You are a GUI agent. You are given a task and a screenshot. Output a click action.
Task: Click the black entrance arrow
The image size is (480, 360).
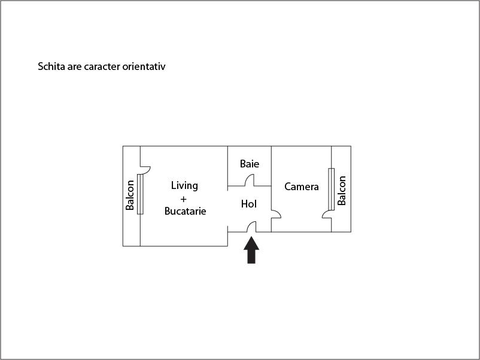pyautogui.click(x=251, y=250)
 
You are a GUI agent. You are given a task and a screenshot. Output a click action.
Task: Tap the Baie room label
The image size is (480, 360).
pyautogui.click(x=250, y=164)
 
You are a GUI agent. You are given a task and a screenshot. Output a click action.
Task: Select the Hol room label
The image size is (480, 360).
pyautogui.click(x=248, y=204)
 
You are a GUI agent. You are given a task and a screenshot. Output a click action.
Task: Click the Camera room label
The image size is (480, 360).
pyautogui.click(x=302, y=187)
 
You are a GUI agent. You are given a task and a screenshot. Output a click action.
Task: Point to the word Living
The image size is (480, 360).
pyautogui.click(x=184, y=185)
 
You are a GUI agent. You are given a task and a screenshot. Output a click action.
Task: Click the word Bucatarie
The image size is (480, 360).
pyautogui.click(x=185, y=211)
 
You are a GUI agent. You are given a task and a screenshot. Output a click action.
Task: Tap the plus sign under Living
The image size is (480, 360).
pyautogui.click(x=183, y=199)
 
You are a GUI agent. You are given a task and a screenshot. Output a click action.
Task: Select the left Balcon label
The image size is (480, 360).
pyautogui.click(x=130, y=195)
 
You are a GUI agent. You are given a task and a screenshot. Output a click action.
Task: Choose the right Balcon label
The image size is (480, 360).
pyautogui.click(x=341, y=191)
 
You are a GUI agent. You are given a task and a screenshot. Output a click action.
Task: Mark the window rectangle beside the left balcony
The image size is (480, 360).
pyautogui.click(x=140, y=194)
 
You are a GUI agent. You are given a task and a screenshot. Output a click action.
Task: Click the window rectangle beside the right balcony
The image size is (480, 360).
pyautogui.click(x=331, y=189)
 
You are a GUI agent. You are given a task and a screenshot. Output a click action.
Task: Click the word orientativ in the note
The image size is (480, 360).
pyautogui.click(x=144, y=66)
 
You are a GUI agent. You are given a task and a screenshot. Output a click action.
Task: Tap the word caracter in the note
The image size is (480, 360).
pyautogui.click(x=102, y=67)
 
